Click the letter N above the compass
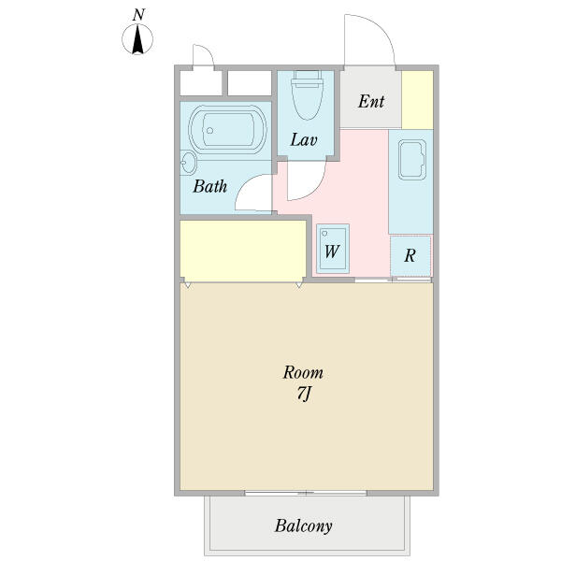point(138,15)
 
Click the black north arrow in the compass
point(137,39)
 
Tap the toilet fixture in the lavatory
point(307,94)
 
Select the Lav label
point(303,140)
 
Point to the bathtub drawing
point(227,129)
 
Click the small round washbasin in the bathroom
point(188,163)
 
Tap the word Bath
point(210,186)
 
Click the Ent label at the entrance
point(371,101)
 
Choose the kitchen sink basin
point(412,159)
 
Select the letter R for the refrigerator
point(410,255)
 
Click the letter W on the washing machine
point(331,252)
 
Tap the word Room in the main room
point(303,373)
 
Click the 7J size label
point(303,394)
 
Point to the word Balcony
point(303,525)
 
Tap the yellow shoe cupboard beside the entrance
point(417,100)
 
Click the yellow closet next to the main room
point(243,251)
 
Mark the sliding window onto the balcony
point(306,493)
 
